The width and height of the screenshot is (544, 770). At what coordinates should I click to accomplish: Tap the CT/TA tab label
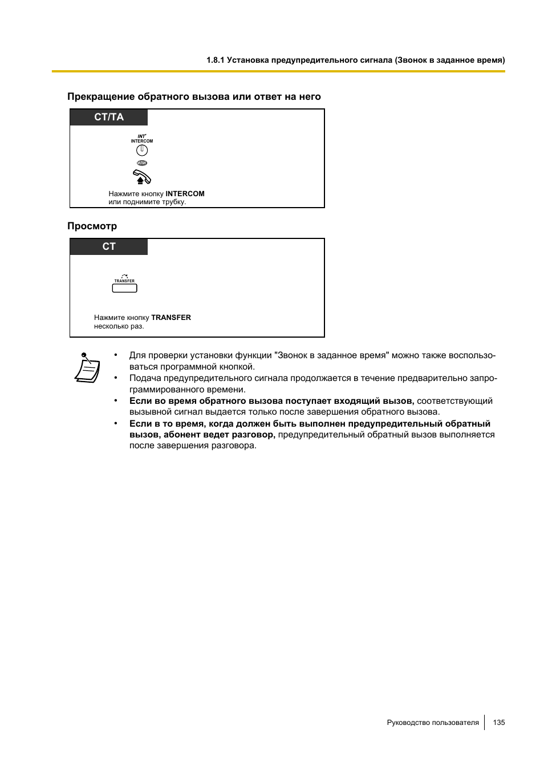pos(109,117)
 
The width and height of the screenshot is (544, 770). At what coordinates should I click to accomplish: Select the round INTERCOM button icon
pos(142,150)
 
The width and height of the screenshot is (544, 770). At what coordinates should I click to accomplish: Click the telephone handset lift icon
pos(141,177)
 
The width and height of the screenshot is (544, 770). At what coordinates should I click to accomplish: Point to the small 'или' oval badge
pos(142,163)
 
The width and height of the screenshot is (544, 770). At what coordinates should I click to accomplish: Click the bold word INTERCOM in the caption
pos(185,194)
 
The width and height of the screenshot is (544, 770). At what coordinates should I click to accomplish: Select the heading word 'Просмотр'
pos(92,226)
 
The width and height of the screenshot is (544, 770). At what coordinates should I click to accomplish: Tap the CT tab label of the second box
pos(109,246)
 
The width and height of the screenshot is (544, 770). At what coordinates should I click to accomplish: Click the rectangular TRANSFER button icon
pos(124,288)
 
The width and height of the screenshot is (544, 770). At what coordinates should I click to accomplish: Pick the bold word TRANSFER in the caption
pos(171,318)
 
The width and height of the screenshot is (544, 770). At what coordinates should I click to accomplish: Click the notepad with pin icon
pos(87,368)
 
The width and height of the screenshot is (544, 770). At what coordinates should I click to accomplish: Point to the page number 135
pos(499,723)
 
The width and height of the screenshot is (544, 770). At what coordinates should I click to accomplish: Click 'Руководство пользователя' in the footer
pos(433,723)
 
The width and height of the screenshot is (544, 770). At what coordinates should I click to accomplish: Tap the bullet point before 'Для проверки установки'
pos(116,355)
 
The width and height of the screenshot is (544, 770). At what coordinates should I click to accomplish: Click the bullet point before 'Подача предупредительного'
pos(116,378)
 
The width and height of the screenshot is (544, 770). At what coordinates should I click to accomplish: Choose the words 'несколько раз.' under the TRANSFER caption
pos(119,326)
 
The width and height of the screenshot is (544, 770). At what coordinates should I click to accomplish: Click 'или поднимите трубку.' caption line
pos(147,202)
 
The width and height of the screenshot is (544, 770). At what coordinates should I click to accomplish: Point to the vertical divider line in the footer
pos(485,723)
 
